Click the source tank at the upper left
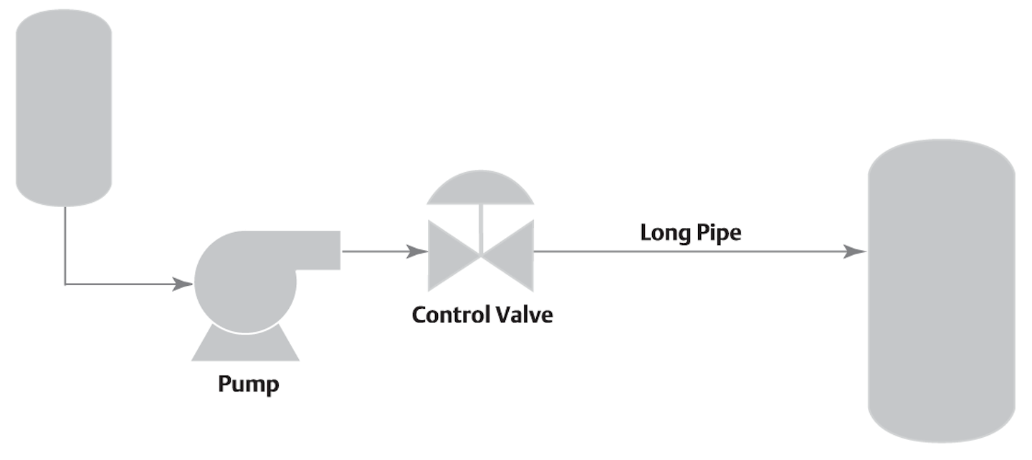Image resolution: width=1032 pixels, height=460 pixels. [64, 107]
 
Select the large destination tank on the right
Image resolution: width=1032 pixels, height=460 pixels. [941, 290]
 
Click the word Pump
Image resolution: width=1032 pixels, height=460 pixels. [248, 384]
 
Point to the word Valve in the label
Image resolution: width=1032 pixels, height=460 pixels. [525, 315]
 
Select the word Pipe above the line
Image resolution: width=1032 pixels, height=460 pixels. [717, 234]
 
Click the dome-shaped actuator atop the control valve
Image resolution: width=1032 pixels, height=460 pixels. [480, 189]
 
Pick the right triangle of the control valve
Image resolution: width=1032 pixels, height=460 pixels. [514, 254]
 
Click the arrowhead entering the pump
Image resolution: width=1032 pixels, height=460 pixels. [183, 284]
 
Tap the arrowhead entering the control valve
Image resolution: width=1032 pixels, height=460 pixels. [418, 251]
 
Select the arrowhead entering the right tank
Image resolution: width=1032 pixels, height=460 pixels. [855, 251]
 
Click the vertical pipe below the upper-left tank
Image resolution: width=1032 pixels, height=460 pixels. [65, 244]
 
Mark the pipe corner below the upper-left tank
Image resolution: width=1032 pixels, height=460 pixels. [65, 284]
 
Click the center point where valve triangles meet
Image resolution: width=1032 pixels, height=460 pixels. [481, 254]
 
